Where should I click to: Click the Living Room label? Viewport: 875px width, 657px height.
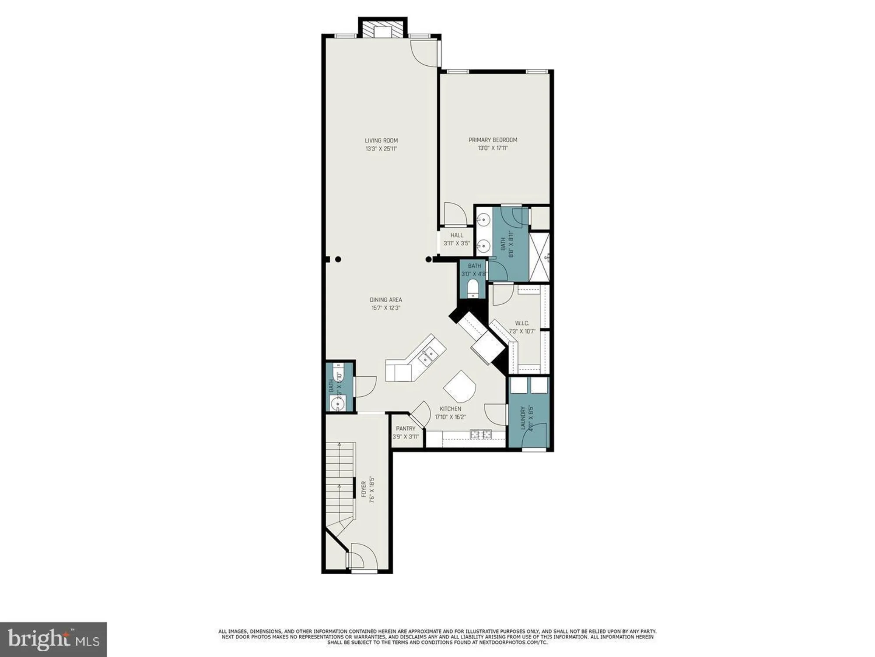coord(381,141)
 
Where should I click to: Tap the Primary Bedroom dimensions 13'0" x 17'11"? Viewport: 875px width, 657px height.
coord(493,148)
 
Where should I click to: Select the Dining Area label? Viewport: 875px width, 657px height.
coord(385,300)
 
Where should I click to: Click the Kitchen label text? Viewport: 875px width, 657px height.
coord(450,409)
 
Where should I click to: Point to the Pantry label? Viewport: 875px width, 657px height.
coord(405,429)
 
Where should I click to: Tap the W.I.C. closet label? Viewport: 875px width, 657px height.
coord(521,323)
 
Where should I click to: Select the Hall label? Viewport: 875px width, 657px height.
coord(457,235)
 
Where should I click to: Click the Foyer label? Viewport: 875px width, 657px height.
coord(364,490)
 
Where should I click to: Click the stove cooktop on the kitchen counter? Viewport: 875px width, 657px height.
coord(481,434)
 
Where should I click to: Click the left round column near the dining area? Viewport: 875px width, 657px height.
coord(338,259)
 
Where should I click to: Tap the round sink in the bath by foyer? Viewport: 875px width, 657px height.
coord(338,403)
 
